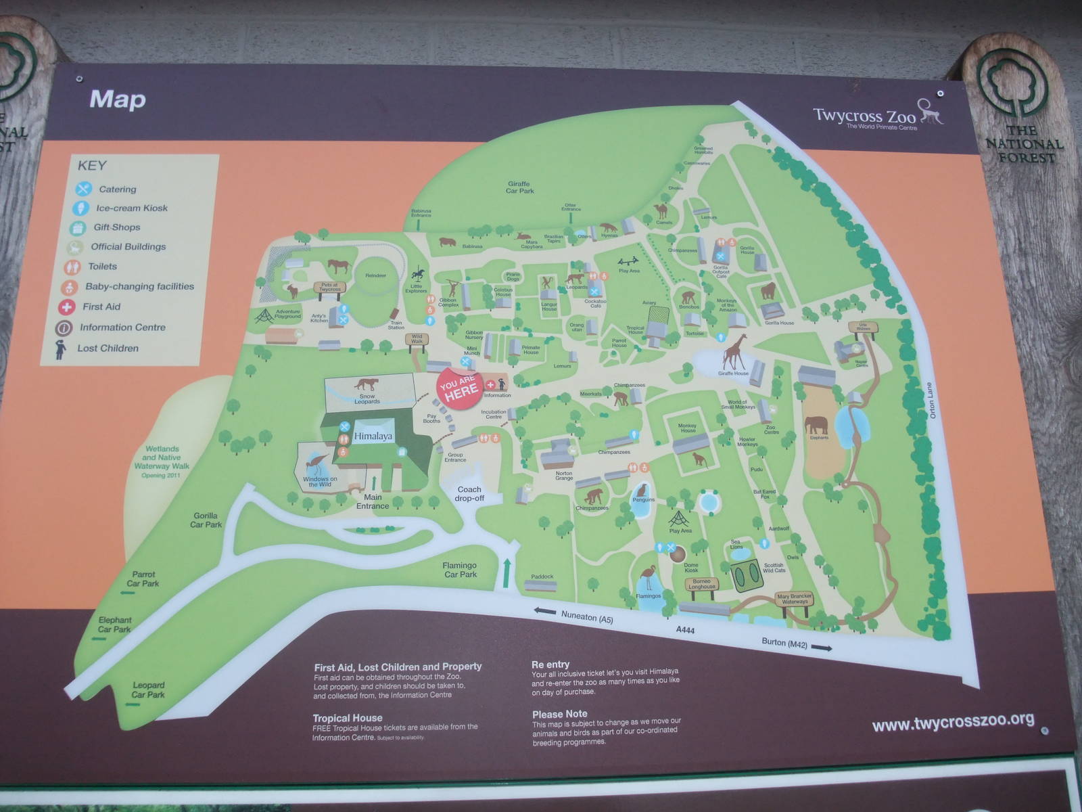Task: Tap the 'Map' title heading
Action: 118,99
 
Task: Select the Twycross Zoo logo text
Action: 864,115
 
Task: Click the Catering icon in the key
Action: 83,189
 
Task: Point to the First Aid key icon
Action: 66,307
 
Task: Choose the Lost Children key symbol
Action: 61,348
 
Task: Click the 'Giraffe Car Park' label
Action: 520,187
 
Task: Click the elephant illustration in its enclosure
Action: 816,425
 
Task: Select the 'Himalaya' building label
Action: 373,436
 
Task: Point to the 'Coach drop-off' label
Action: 469,494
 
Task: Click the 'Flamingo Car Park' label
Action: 460,570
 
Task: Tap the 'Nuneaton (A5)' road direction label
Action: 586,616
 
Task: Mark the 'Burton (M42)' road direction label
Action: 784,643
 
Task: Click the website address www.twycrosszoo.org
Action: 953,723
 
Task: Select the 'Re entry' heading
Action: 550,664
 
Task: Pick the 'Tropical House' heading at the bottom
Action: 348,718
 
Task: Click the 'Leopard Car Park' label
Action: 148,690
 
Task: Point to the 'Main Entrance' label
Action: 373,501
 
